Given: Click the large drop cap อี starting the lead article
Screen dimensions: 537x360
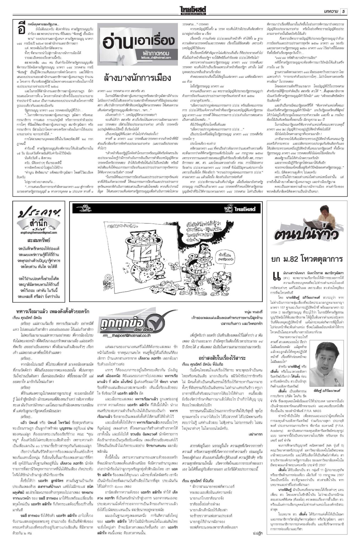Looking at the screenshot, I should [x=20, y=28].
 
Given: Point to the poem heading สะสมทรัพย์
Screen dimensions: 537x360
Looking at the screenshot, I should [x=39, y=240].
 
